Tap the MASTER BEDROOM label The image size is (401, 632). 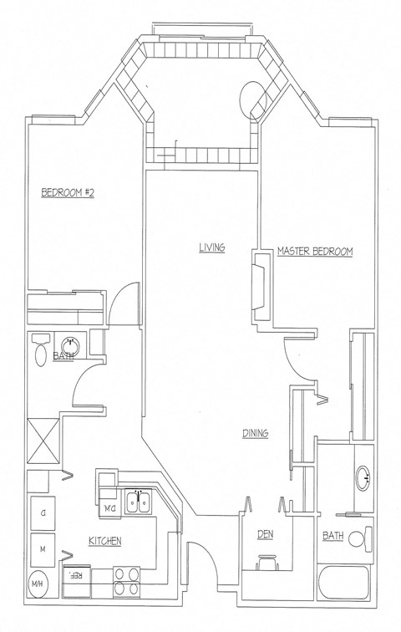pos(315,251)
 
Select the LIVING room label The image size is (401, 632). pos(211,247)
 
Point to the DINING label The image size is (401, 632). pos(255,433)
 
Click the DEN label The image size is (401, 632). pos(266,534)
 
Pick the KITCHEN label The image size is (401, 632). pos(105,542)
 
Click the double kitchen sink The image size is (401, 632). pos(138,502)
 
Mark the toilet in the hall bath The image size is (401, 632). pos(39,354)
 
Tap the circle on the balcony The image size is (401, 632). pos(252,99)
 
